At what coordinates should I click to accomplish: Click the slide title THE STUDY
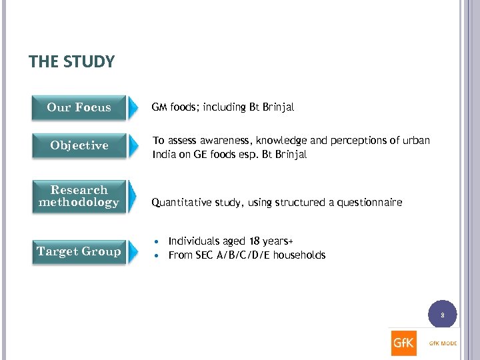(72, 62)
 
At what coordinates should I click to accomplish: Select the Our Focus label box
(79, 107)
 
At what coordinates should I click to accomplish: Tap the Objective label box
(79, 145)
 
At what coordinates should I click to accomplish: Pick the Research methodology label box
(79, 196)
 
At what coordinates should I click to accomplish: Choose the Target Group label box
(79, 251)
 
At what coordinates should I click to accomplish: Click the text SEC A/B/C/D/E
(231, 255)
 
